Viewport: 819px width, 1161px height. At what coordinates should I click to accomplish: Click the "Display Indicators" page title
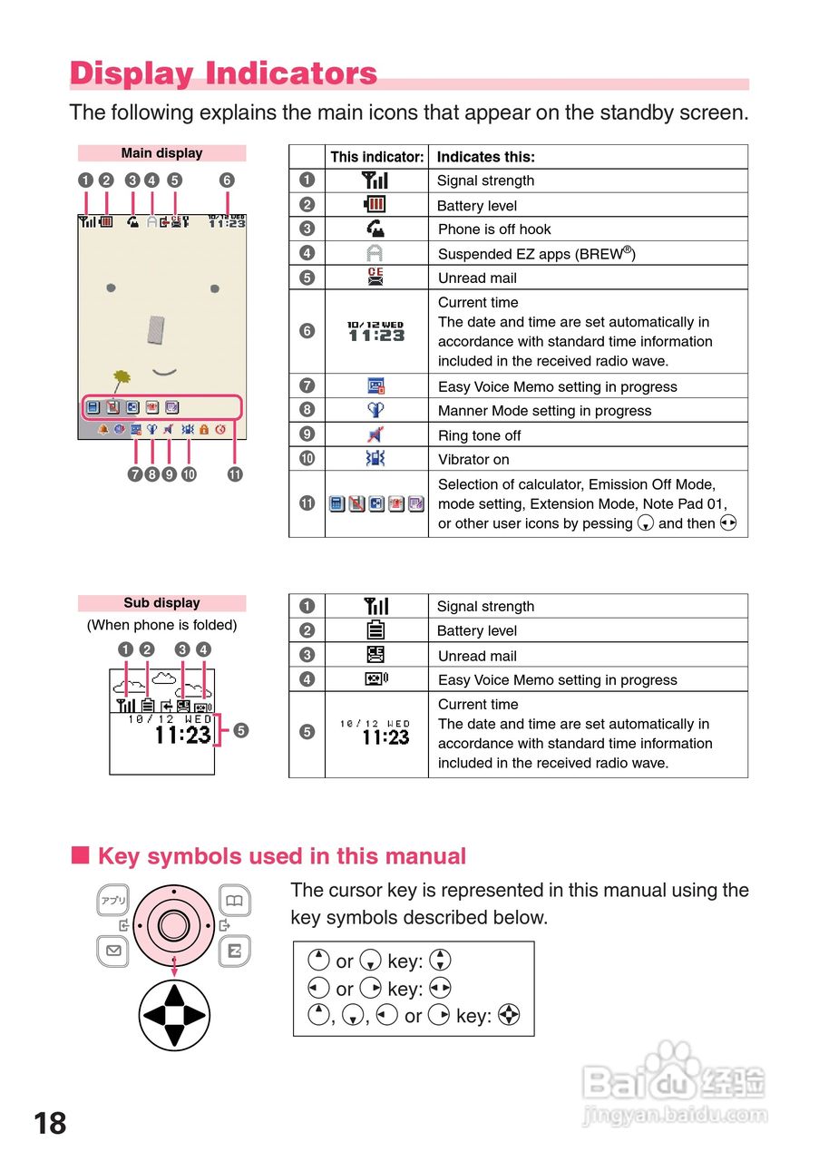tap(223, 73)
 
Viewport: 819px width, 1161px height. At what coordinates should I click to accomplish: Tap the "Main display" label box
tap(161, 153)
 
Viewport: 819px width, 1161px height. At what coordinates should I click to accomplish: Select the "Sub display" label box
tap(161, 603)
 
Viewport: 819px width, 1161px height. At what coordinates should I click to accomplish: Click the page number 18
tap(50, 1124)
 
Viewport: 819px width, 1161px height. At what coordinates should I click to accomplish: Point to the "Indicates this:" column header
tap(486, 157)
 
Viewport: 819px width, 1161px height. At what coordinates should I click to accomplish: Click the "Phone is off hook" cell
tap(494, 229)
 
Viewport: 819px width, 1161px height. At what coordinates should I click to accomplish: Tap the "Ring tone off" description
tap(479, 435)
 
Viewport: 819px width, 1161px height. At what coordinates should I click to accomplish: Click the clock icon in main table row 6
tap(376, 331)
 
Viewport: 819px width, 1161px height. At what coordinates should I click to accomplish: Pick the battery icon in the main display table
tap(376, 205)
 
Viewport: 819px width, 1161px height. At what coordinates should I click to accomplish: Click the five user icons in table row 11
tap(376, 503)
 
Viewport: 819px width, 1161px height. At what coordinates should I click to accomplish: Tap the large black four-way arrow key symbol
tap(173, 1015)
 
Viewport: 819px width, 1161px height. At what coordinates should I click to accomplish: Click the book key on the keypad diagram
tap(235, 901)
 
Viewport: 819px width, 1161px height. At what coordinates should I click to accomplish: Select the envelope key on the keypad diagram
tap(113, 951)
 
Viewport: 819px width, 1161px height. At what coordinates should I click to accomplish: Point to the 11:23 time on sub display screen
tap(183, 735)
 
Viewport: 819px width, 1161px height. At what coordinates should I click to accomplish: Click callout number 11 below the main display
tap(235, 473)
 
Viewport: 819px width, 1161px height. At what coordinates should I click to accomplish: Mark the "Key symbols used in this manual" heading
tap(281, 856)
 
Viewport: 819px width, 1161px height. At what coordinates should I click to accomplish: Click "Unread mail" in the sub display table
tap(477, 656)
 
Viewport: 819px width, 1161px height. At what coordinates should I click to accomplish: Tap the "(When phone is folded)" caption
tap(161, 625)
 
